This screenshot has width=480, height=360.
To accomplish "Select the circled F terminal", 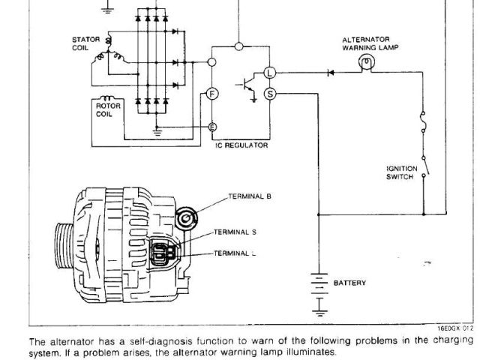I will point(212,94).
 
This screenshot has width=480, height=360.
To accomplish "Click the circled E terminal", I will point(212,127).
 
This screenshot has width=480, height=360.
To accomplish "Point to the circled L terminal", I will point(271,73).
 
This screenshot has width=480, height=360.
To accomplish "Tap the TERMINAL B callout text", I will point(250,196).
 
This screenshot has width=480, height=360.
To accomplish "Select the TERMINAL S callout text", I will point(236,232).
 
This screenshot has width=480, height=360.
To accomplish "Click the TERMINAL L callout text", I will point(236,254).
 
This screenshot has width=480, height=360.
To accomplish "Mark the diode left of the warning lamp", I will point(330,73).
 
